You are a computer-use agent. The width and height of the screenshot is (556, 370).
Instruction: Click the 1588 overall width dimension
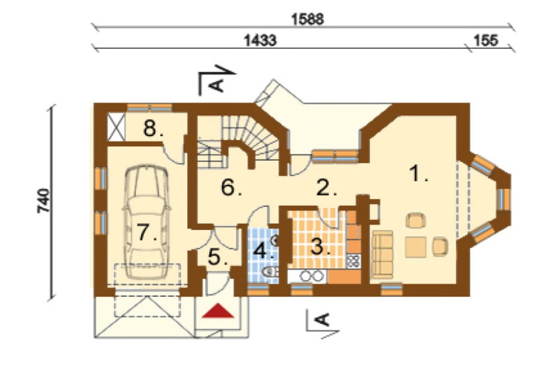coord(307,19)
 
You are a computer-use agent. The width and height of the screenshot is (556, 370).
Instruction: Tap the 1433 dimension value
coord(260,41)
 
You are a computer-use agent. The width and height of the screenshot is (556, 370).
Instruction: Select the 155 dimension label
coord(486,41)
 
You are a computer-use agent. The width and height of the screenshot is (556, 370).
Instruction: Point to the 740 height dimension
coord(44,201)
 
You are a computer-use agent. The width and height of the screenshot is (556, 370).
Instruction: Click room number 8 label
coord(153,128)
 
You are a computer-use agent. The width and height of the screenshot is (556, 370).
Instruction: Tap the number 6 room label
coord(231,187)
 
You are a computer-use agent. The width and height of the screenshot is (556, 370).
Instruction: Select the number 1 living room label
coord(418,174)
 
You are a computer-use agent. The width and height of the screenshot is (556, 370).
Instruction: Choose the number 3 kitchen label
coord(321,246)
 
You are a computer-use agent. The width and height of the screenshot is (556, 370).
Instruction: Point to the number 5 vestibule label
coord(218,257)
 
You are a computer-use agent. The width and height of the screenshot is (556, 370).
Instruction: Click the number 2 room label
coord(326,188)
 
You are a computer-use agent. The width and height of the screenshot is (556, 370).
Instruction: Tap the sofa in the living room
coord(382,254)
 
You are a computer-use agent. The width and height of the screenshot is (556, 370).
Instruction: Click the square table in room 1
coord(416,247)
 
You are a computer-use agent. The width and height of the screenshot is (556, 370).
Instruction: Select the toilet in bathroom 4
coord(270,272)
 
